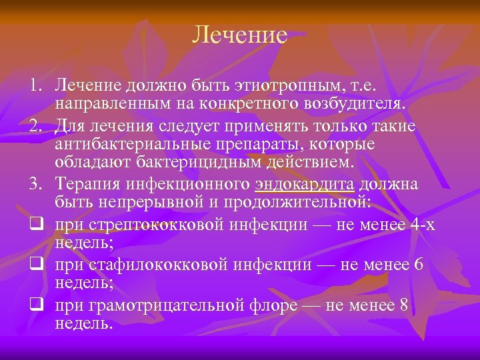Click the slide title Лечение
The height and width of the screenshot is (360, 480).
239,35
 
